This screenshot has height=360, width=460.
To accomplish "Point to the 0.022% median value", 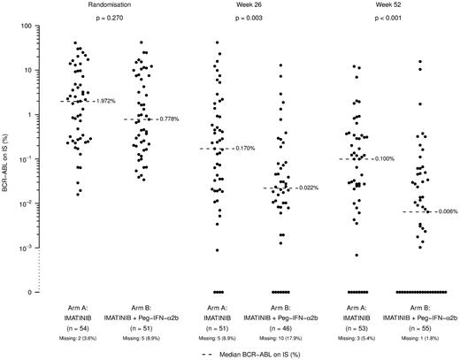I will (305, 188).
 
